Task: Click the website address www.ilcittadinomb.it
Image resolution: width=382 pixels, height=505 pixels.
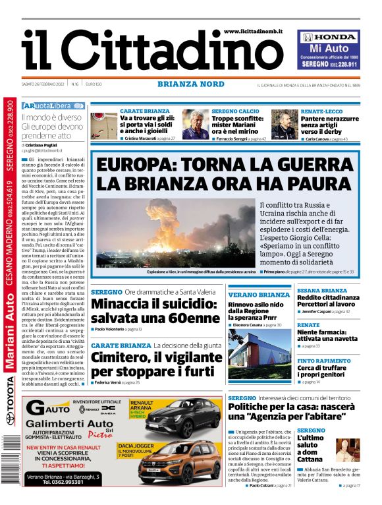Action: click(253, 31)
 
